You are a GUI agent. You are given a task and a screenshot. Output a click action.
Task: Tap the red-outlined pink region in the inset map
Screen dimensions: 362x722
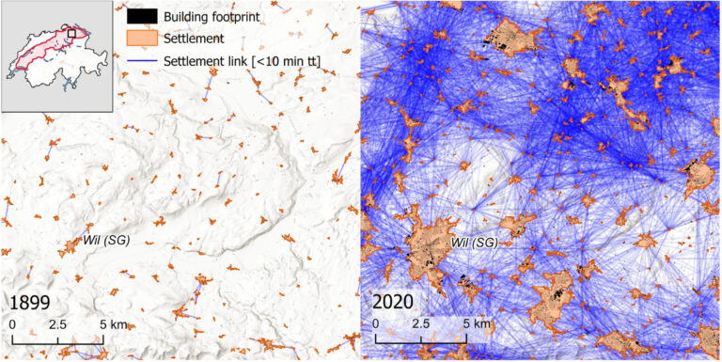(x=47, y=49)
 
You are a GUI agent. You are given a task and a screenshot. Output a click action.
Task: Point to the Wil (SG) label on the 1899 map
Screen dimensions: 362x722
(x=105, y=240)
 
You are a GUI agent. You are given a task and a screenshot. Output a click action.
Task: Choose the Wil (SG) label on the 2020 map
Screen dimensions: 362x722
(x=473, y=244)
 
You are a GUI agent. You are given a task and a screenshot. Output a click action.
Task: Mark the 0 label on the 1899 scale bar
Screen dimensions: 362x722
(x=13, y=324)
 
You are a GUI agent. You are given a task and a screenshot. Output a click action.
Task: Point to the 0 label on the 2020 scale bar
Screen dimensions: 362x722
(x=376, y=324)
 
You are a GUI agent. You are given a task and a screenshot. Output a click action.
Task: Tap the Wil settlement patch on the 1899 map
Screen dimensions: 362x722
(x=71, y=247)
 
